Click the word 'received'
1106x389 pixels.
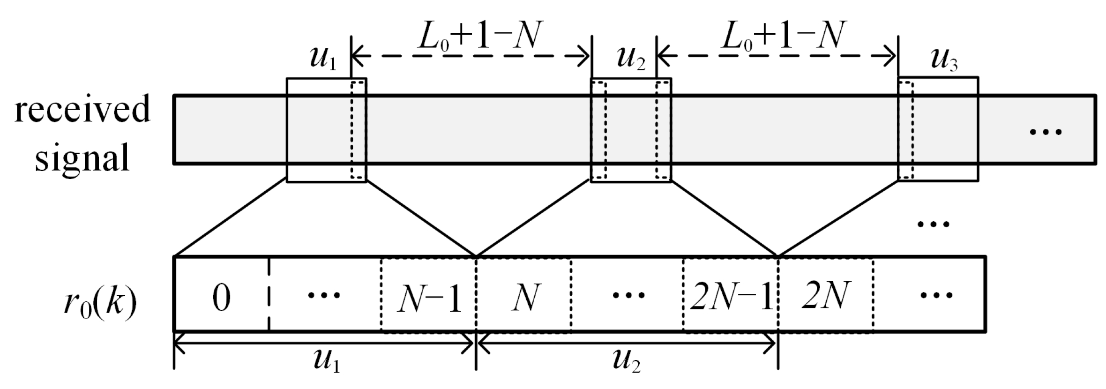click(82, 109)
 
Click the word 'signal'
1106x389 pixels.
click(82, 157)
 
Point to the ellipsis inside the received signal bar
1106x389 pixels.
click(1045, 132)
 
